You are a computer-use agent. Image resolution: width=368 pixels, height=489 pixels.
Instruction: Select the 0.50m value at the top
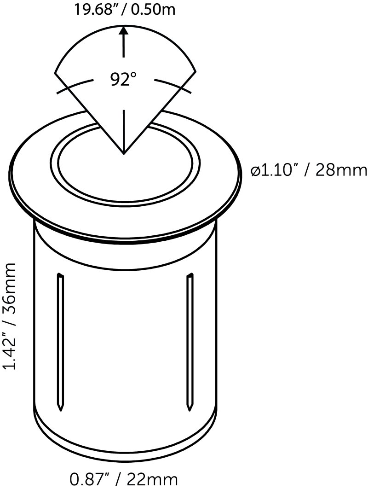[152, 9]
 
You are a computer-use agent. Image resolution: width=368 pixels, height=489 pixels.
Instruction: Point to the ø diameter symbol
[256, 171]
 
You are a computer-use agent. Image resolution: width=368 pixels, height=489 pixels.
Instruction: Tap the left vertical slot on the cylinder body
[60, 341]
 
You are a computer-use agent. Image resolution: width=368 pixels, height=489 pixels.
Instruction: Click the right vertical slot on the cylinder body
[189, 341]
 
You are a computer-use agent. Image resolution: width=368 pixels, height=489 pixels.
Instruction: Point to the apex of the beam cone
[123, 153]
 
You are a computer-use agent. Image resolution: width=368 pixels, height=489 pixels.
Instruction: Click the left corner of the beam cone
[55, 72]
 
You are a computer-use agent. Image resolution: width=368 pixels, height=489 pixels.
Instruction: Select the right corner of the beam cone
[196, 71]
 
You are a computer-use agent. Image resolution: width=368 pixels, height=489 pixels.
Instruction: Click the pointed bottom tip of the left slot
[60, 408]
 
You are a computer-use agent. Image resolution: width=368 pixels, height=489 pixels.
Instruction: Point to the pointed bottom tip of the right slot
[189, 408]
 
